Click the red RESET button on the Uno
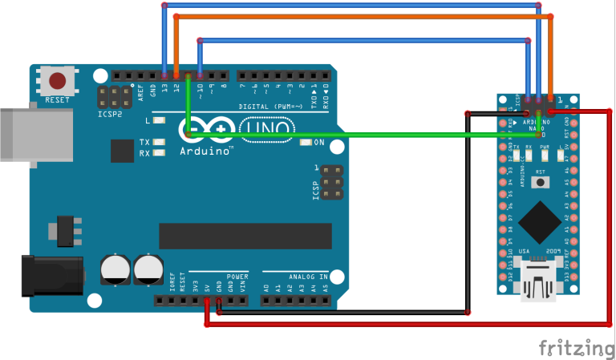(58, 81)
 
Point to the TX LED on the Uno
(160, 142)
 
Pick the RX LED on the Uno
(160, 152)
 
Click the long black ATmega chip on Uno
(245, 236)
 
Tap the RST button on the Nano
(541, 181)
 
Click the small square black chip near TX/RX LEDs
(123, 151)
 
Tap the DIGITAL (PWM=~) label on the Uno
(273, 106)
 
